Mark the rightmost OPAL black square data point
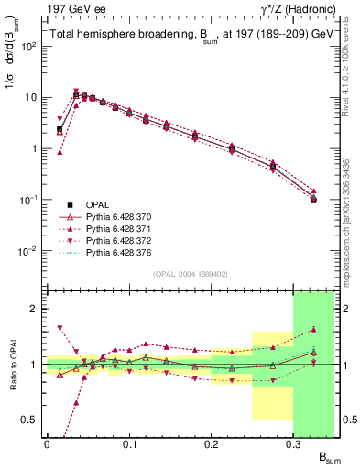tap(313, 199)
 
